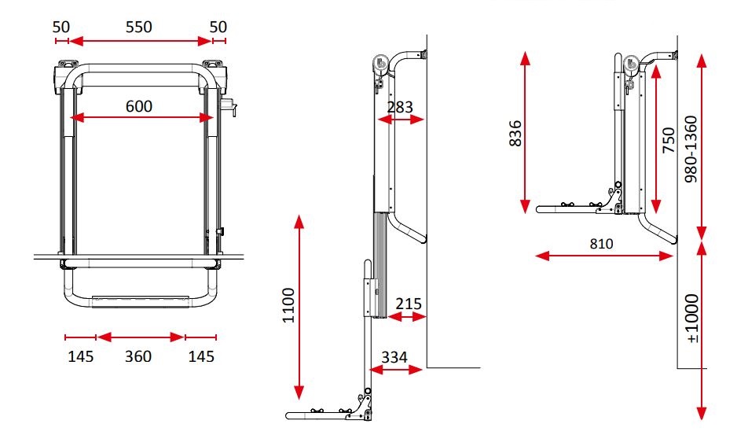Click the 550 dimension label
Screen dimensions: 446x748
click(138, 26)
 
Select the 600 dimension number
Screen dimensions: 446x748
click(138, 105)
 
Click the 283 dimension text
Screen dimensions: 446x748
click(401, 107)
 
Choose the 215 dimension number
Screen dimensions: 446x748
click(409, 303)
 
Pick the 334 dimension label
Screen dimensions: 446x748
click(394, 356)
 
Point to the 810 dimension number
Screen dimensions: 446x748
click(602, 243)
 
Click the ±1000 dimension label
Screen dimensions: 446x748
click(692, 319)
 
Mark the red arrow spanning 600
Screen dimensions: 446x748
click(142, 118)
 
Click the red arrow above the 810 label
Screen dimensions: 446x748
click(605, 255)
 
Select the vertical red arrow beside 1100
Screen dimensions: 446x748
click(298, 306)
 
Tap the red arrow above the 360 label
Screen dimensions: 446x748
click(141, 337)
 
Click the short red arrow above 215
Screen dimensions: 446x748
click(408, 316)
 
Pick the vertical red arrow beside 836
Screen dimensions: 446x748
click(526, 131)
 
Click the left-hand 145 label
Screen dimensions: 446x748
click(80, 356)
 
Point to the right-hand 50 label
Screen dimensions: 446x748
click(218, 26)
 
